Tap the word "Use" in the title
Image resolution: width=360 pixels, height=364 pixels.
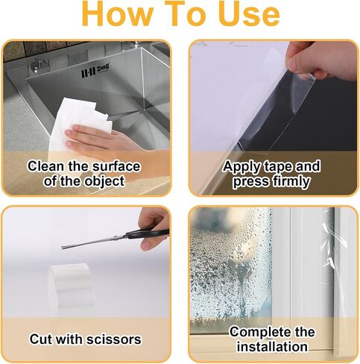[x=250, y=13]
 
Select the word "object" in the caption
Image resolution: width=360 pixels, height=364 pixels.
[x=104, y=182]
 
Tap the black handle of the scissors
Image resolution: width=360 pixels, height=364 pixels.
[x=148, y=233]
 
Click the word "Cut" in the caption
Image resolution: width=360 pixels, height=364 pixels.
[x=41, y=339]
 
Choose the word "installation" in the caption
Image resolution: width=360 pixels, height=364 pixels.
[x=272, y=347]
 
